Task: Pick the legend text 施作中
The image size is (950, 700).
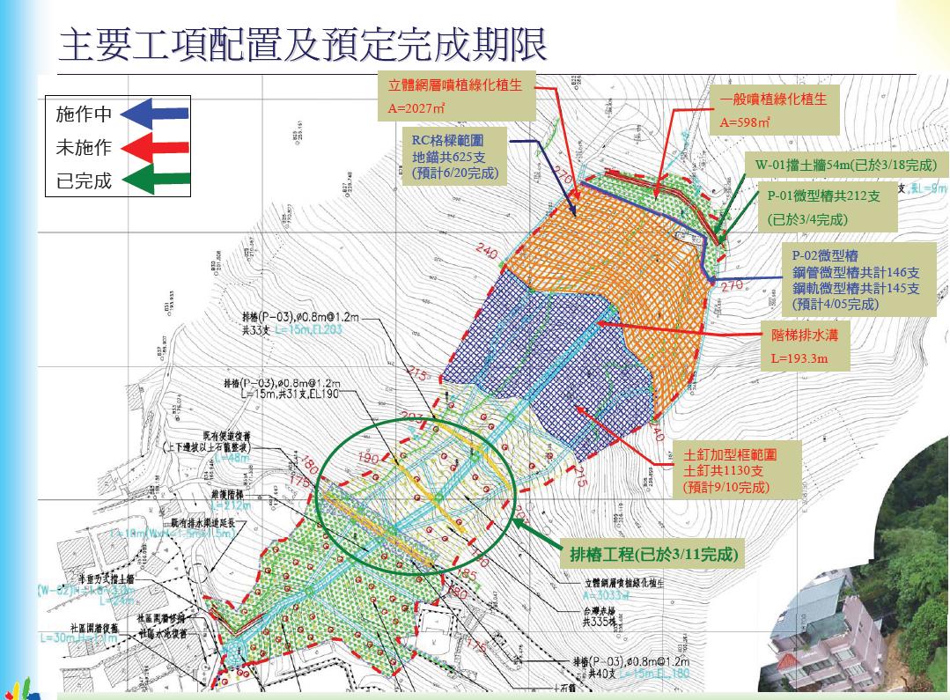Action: pyautogui.click(x=84, y=114)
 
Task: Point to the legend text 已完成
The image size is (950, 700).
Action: pyautogui.click(x=84, y=181)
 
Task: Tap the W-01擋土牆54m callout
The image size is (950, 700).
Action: pyautogui.click(x=840, y=166)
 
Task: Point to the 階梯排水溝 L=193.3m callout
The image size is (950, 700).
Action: pyautogui.click(x=799, y=347)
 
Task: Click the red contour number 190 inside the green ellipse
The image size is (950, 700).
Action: pyautogui.click(x=369, y=460)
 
